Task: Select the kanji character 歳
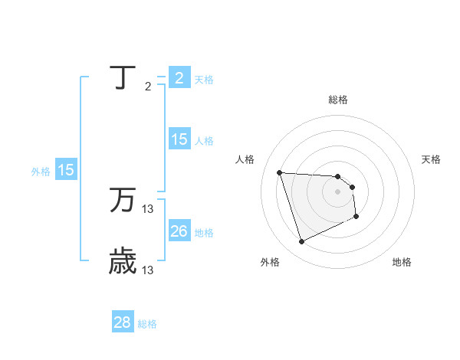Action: pos(123,261)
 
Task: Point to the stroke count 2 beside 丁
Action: pos(148,87)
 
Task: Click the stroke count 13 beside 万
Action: pos(148,209)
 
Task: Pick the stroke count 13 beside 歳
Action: pos(148,270)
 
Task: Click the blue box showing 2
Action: pos(179,78)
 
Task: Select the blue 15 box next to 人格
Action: pos(179,139)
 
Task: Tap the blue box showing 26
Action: pos(179,231)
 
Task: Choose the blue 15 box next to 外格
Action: pos(66,170)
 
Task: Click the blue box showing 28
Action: pos(122,322)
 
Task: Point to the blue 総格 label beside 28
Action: pos(147,324)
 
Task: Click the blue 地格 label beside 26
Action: pos(204,233)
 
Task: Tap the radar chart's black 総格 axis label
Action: pos(338,100)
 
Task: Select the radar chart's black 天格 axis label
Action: pos(431,159)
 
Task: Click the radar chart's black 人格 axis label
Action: pos(245,159)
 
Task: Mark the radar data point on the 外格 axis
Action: pos(301,242)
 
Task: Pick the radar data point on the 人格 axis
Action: pos(280,172)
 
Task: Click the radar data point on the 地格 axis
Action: pos(356,218)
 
